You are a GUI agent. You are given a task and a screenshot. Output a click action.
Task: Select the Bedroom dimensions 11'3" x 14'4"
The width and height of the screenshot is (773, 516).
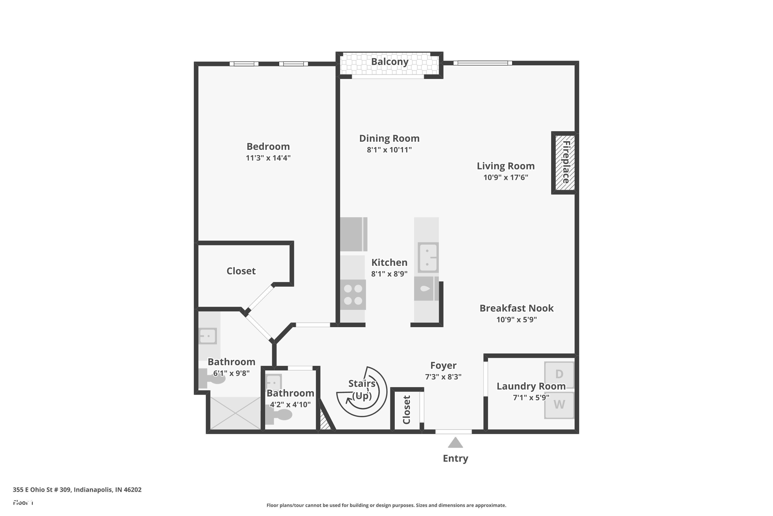pyautogui.click(x=268, y=158)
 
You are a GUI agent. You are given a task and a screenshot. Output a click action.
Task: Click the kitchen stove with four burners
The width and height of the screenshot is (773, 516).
pyautogui.click(x=353, y=295)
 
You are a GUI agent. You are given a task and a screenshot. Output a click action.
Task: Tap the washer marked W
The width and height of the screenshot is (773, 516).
pyautogui.click(x=559, y=405)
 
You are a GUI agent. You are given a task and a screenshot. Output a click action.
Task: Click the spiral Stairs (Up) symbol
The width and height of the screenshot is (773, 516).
pyautogui.click(x=362, y=392)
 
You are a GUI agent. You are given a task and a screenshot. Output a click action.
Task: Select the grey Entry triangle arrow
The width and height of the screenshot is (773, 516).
pyautogui.click(x=455, y=443)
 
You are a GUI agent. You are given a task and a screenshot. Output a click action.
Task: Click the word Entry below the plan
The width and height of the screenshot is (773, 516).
pyautogui.click(x=455, y=458)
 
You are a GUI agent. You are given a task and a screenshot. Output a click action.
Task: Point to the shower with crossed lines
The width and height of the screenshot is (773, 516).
pyautogui.click(x=235, y=413)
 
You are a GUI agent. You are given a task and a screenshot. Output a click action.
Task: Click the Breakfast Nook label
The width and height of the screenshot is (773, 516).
pyautogui.click(x=516, y=308)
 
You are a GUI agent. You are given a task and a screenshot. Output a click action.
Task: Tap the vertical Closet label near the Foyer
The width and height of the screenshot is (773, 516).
pyautogui.click(x=407, y=410)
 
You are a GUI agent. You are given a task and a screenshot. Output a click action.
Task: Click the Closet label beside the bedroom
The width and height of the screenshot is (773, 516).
pyautogui.click(x=241, y=271)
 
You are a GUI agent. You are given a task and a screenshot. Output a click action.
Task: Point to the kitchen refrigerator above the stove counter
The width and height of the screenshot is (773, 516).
pyautogui.click(x=353, y=234)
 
